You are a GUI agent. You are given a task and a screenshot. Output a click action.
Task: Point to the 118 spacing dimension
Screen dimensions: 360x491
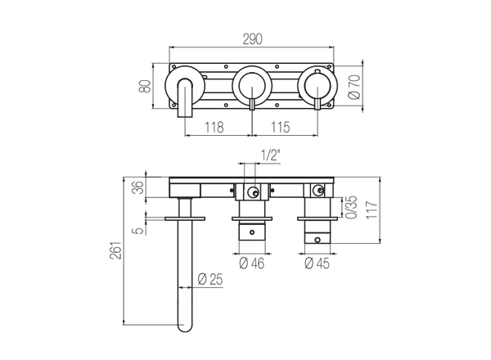(x=214, y=129)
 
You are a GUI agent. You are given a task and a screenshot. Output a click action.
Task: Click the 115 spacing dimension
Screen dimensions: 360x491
(x=282, y=129)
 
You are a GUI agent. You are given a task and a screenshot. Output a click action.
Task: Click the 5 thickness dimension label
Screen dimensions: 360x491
(x=140, y=230)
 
